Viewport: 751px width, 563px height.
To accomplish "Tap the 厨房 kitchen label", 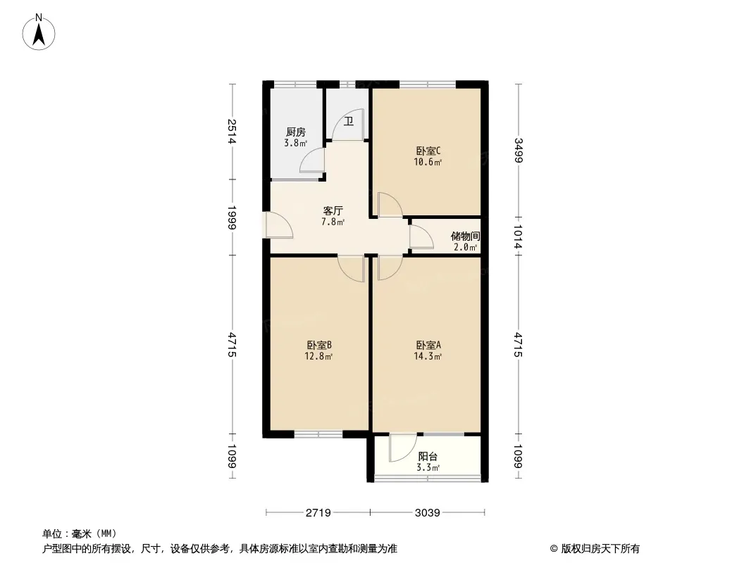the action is [295, 132].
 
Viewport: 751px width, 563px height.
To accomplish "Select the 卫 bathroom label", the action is [349, 122].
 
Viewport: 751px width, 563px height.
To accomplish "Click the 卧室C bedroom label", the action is [428, 151].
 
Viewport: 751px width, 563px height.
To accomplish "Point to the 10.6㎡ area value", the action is [428, 162].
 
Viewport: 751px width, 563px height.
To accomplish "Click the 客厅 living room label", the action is [333, 211].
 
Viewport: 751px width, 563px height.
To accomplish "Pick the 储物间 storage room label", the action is [465, 236].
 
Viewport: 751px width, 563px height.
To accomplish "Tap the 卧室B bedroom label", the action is [319, 346].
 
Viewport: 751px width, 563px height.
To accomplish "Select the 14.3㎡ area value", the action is [428, 356].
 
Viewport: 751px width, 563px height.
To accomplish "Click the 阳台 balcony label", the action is [428, 457].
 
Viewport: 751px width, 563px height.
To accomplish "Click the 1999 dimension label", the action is [232, 217].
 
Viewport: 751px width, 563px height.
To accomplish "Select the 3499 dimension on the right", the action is [519, 150].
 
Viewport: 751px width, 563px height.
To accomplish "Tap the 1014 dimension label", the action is [519, 236].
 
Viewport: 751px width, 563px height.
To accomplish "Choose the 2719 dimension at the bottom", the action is [318, 513].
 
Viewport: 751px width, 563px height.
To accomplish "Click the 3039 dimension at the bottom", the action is [427, 513].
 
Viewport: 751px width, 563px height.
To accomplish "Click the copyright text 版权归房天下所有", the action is [600, 549].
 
